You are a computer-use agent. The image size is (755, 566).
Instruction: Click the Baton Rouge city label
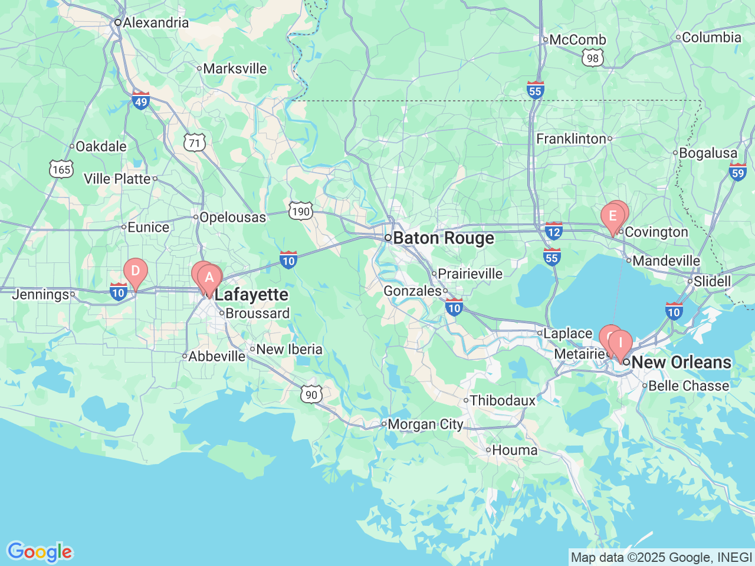point(443,238)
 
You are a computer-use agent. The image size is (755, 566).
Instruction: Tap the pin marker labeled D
point(135,272)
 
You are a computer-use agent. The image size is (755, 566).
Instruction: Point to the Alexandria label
point(156,22)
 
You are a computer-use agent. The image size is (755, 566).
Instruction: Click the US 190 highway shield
point(300,211)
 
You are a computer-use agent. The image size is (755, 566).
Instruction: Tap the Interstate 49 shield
point(140,101)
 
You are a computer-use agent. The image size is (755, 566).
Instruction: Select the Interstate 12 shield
point(553,231)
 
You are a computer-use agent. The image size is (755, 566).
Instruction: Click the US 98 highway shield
point(592,57)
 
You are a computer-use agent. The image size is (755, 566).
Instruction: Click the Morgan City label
point(425,424)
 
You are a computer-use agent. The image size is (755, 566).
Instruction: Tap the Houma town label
point(514,450)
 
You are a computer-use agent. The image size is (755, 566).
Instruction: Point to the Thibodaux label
point(503,400)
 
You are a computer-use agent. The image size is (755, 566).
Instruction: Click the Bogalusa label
point(708,153)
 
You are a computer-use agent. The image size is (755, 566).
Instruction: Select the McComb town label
point(577,40)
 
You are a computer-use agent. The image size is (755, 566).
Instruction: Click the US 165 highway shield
point(61,169)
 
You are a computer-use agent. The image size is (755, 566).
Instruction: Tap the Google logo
point(39,552)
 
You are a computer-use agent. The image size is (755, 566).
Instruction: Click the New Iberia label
point(289,349)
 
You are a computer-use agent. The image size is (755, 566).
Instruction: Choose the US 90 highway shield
point(311,394)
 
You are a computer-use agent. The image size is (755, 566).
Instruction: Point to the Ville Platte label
point(117,179)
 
